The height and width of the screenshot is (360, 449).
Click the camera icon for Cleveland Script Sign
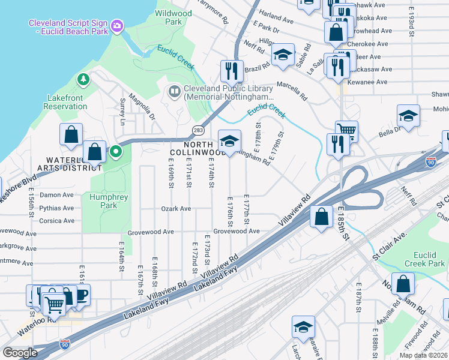[x=116, y=26]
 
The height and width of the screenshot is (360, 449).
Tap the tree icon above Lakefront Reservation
[x=83, y=79]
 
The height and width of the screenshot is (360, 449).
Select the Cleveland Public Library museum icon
[x=175, y=91]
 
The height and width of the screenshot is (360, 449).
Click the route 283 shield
[x=197, y=130]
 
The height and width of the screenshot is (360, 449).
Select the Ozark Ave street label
[x=176, y=209]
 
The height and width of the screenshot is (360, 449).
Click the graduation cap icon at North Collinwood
[x=229, y=141]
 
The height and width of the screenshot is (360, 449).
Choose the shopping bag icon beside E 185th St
[x=322, y=217]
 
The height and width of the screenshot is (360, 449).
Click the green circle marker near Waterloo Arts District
[x=116, y=152]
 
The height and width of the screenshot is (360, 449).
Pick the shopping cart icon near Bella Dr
[x=346, y=129]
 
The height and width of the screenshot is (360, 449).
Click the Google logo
[x=20, y=352]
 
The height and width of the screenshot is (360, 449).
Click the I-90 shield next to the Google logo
[x=65, y=344]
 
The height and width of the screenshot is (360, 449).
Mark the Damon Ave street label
[x=56, y=196]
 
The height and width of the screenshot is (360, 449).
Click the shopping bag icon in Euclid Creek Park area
[x=405, y=284]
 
